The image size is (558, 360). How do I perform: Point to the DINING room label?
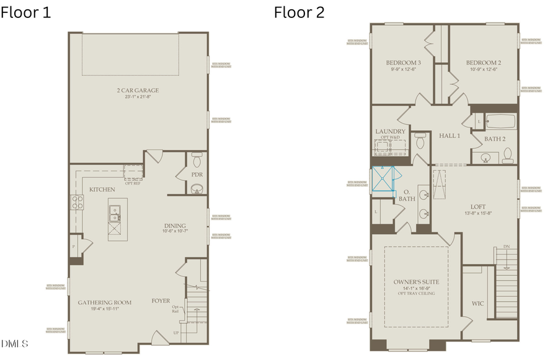point(175,226)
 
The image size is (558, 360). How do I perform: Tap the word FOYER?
point(161,301)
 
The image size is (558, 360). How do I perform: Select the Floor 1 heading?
point(26,12)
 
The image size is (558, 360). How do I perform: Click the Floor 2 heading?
point(299,12)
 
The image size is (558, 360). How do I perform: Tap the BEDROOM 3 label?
point(404,63)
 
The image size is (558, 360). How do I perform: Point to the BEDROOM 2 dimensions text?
point(484,69)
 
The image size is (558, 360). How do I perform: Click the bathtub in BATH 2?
point(499,121)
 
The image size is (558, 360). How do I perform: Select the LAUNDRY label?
point(391,131)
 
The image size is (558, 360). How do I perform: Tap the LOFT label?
point(478,206)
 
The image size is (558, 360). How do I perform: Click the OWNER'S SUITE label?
point(416,282)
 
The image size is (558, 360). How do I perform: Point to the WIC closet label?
point(477,304)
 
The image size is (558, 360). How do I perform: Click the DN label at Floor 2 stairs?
point(507,247)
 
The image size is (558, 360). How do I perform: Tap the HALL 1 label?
point(449,136)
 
